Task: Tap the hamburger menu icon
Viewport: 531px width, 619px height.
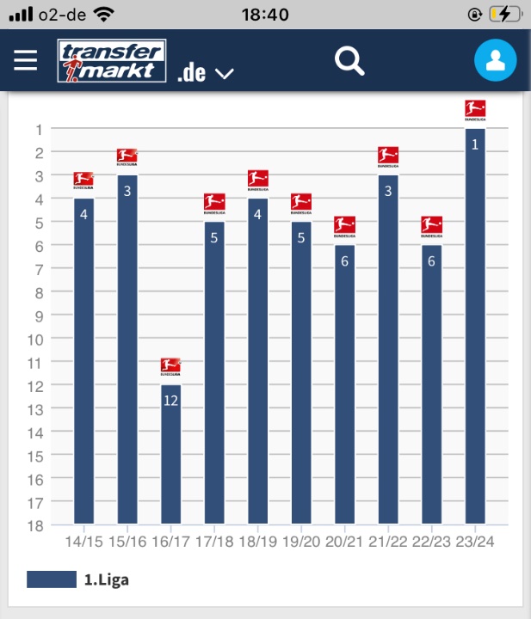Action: [26, 60]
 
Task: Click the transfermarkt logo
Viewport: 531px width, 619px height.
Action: [112, 61]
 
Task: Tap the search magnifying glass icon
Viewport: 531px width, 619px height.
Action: [349, 61]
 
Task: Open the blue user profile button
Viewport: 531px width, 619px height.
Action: [495, 61]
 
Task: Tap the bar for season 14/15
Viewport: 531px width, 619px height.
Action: [83, 361]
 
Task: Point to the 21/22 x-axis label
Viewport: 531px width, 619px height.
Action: [388, 542]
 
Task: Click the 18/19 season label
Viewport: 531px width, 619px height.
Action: [258, 542]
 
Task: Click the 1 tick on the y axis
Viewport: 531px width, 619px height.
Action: [39, 130]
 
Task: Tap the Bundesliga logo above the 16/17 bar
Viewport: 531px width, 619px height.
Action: [170, 367]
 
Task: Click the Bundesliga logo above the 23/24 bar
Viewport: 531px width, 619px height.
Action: [475, 110]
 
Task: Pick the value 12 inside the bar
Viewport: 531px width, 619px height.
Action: [170, 400]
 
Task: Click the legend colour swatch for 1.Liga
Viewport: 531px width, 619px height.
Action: [52, 579]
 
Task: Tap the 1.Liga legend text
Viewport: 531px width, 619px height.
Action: [106, 580]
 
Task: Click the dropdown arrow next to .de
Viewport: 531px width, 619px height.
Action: [224, 74]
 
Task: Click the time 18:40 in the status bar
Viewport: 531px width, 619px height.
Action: [265, 14]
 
